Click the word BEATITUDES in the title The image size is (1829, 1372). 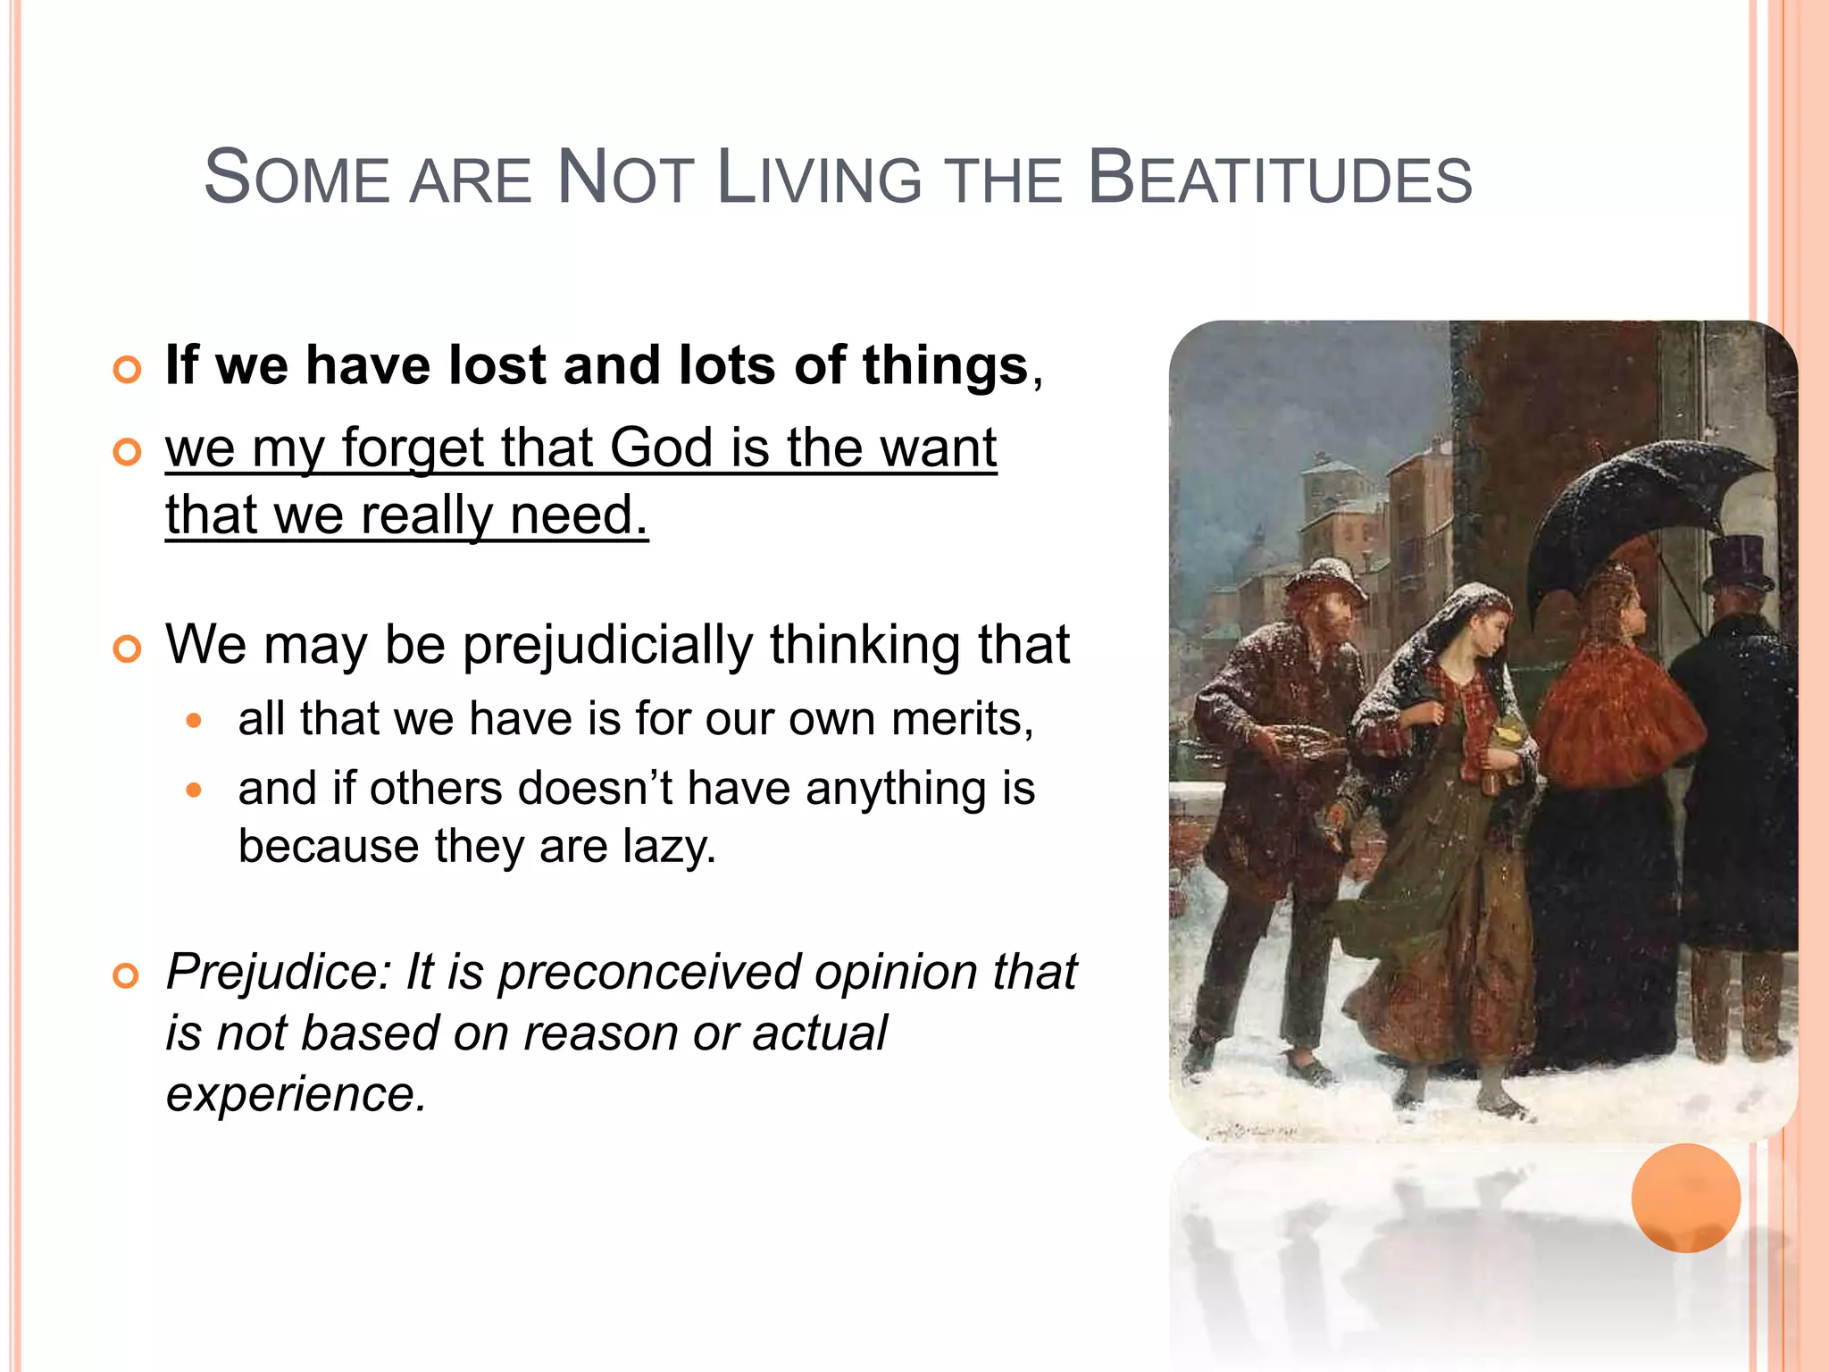click(1279, 179)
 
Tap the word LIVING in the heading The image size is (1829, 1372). click(819, 179)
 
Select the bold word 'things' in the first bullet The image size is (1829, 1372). click(945, 366)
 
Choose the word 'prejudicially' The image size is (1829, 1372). click(607, 645)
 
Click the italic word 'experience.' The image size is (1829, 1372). click(296, 1093)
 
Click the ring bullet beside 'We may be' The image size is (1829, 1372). click(127, 649)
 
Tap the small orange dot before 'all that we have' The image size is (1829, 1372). click(195, 720)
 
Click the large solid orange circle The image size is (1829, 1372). click(1685, 1197)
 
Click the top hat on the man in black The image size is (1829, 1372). click(1737, 563)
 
